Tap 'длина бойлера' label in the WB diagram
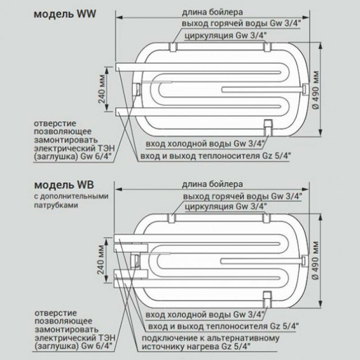click(x=213, y=184)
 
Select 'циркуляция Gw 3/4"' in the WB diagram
click(x=226, y=207)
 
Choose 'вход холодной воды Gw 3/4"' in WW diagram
click(x=204, y=144)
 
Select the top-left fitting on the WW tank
click(x=173, y=46)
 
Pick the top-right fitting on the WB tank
click(x=266, y=218)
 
